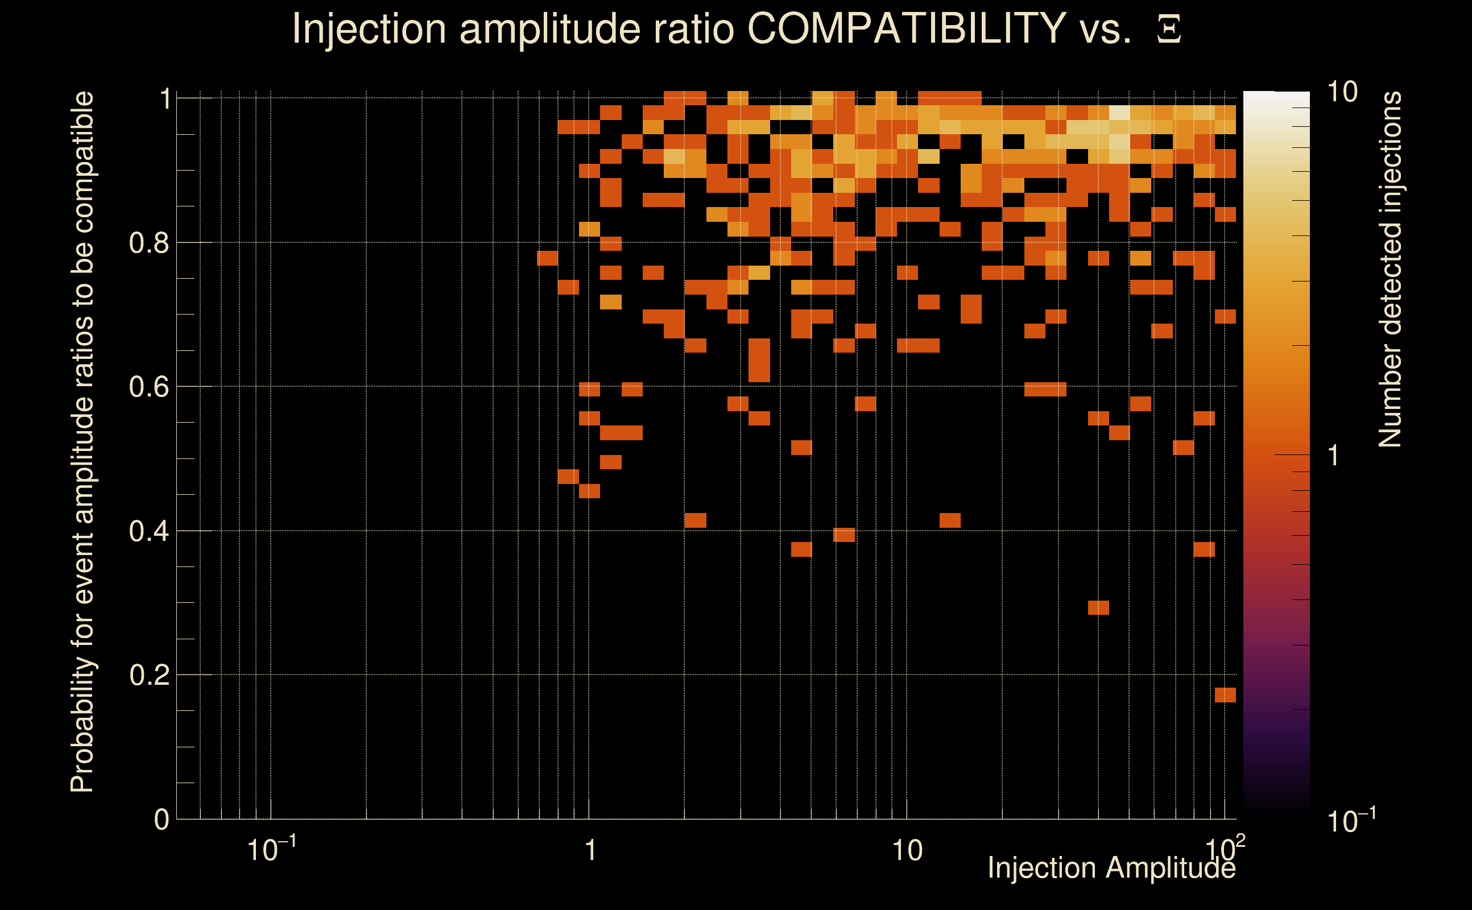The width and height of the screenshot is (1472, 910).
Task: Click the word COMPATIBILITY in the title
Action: coord(906,28)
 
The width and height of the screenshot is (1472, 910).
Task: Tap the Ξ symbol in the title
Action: coord(1169,30)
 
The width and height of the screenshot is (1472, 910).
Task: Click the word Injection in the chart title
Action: coord(369,28)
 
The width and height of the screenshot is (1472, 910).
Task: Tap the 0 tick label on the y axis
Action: coord(162,820)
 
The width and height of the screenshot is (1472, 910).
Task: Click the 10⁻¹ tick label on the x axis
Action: coord(271,849)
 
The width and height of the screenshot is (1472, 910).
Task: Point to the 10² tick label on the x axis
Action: coord(1225,849)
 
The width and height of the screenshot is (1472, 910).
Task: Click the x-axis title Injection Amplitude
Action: coord(1111,868)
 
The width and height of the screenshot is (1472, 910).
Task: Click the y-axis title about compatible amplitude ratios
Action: coord(82,442)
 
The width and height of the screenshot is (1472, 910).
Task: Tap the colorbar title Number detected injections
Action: coord(1390,269)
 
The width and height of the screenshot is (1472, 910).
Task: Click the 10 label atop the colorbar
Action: coord(1342,93)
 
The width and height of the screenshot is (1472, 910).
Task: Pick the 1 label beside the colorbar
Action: coord(1334,456)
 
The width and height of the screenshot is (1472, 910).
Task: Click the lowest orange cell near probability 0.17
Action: coord(1225,695)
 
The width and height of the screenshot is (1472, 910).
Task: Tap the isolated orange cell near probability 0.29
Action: coord(1098,608)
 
